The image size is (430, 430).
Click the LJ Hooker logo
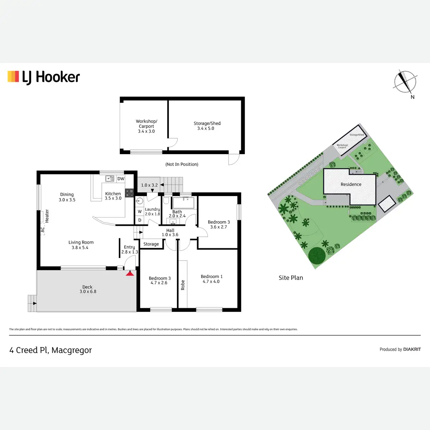point(44,77)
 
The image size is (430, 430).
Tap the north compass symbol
point(405,82)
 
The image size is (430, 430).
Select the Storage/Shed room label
point(207,126)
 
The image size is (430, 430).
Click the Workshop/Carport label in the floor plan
point(146,126)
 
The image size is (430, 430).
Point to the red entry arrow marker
point(130,273)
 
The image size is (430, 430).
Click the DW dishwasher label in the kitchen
point(121,179)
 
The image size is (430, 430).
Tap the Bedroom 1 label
point(211,279)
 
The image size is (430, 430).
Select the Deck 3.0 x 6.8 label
point(87,289)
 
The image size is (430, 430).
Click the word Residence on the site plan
point(351,185)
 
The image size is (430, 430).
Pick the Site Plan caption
point(291,278)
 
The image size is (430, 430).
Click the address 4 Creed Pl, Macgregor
point(51,350)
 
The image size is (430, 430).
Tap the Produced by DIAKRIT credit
point(400,349)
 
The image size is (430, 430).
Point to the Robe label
point(183,285)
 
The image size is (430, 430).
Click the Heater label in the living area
point(47,216)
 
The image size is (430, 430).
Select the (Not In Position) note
point(182,164)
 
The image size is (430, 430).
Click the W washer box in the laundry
point(140,212)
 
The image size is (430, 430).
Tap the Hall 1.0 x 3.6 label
point(170,233)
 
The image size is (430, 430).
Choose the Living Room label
point(81,245)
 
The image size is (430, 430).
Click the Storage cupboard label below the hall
point(151,244)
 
